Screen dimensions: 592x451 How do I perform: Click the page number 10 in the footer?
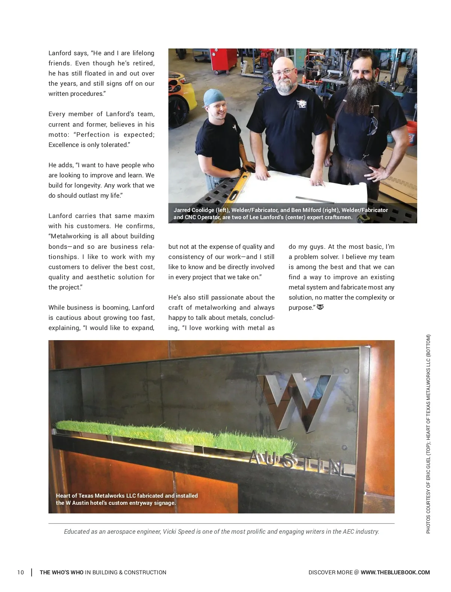point(20,572)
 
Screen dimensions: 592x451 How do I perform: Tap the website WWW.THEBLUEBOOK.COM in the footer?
point(395,572)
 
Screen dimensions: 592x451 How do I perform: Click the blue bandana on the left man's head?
point(215,97)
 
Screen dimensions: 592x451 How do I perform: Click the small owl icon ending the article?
point(320,307)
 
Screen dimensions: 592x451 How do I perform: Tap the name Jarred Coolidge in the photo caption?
point(194,210)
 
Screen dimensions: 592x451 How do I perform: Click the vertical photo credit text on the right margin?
point(428,434)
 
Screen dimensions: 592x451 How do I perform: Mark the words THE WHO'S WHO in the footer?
point(62,572)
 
